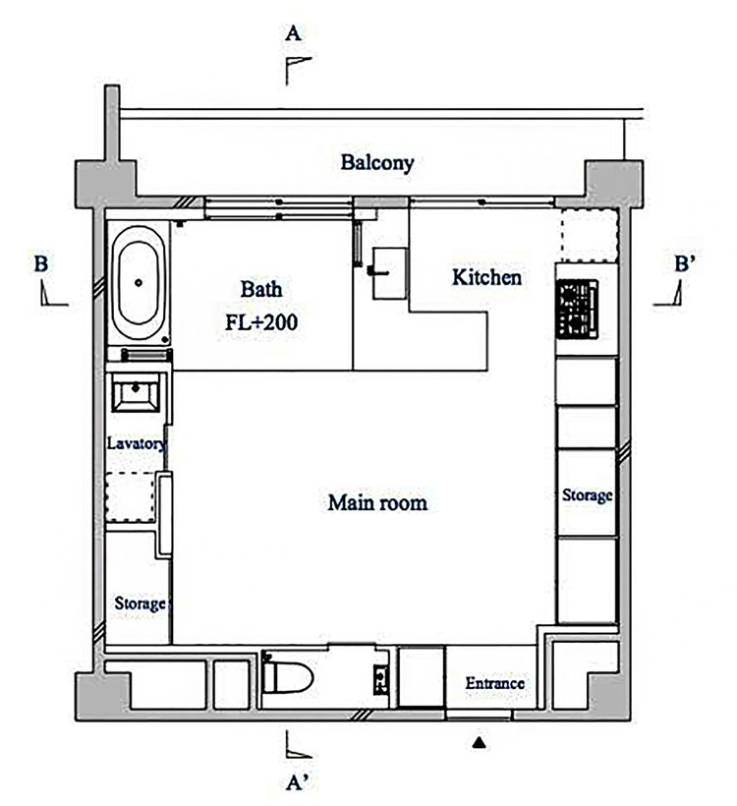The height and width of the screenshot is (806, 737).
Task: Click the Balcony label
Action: point(377,162)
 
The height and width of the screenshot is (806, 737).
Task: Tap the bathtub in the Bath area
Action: point(139,283)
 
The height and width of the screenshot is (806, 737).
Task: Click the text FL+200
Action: point(261,322)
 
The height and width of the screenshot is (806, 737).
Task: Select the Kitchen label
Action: point(486,277)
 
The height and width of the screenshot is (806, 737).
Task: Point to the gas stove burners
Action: point(577,309)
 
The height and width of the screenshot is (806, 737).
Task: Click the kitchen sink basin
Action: point(390,273)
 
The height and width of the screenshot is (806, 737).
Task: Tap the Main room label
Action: point(377,502)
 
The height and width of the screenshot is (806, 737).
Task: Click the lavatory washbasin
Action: point(136,392)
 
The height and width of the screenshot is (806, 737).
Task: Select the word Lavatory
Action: point(137,443)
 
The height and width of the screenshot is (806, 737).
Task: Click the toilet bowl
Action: point(287,676)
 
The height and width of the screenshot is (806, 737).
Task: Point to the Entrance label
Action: point(495,683)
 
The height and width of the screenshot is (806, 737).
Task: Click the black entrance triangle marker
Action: point(479,742)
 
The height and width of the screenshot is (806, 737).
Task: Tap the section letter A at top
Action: point(293,34)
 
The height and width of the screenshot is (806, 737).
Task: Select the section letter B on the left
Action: point(41,264)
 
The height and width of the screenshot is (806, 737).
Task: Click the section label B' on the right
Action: point(685,263)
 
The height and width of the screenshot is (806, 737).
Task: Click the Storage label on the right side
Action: point(587,495)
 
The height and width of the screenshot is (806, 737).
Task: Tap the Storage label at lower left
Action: point(140,603)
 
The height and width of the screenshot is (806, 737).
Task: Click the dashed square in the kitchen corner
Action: point(589,236)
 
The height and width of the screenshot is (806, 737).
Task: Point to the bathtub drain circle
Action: point(139,283)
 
